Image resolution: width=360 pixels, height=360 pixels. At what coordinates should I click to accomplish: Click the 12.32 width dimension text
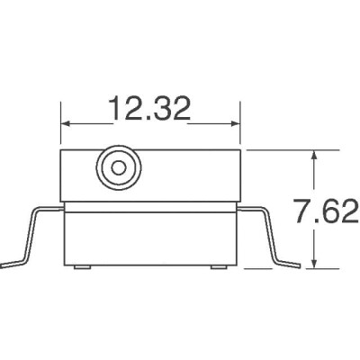pos(150,109)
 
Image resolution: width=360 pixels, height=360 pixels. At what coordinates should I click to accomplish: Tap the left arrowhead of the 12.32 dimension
pos(66,124)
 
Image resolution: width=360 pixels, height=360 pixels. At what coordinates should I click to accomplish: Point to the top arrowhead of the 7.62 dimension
pos(313,154)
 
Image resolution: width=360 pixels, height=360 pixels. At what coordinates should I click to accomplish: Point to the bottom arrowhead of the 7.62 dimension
pos(313,262)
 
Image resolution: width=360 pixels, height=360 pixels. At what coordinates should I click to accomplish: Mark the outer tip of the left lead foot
pos(4,265)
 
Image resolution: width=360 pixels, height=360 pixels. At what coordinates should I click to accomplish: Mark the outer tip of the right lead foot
pos(298,265)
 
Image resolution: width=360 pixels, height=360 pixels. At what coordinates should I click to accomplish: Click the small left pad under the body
pos(82,268)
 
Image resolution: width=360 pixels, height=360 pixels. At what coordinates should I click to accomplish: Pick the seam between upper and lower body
pos(150,209)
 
